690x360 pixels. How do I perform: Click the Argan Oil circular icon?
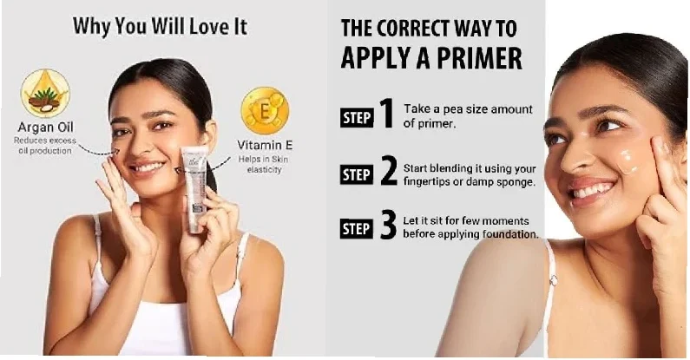[45, 93]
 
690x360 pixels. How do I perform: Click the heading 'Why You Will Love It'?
[160, 26]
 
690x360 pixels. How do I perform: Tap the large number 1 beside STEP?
[386, 113]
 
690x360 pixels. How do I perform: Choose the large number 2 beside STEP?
[389, 171]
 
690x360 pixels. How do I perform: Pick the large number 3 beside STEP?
[388, 226]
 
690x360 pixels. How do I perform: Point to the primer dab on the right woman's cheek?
[628, 160]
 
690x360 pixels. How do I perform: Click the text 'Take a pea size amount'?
[468, 109]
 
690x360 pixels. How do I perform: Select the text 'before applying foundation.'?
[470, 235]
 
